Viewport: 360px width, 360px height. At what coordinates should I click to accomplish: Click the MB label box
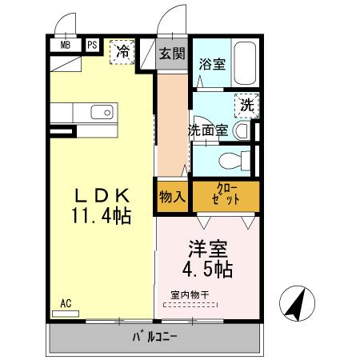[x=66, y=46]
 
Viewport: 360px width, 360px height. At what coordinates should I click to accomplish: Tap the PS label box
[x=92, y=46]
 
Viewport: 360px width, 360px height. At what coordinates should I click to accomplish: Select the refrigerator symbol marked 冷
[x=123, y=50]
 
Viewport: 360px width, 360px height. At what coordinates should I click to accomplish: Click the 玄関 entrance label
[x=171, y=54]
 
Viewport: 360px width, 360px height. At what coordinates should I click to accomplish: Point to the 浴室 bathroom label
[x=211, y=62]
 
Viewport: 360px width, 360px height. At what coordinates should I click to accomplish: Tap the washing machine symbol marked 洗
[x=246, y=105]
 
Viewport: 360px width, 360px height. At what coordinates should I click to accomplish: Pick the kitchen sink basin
[x=102, y=111]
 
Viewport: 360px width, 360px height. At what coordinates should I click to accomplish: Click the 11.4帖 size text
[x=100, y=217]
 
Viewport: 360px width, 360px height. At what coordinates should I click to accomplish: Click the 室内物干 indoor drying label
[x=190, y=295]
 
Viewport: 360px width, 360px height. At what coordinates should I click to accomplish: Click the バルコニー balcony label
[x=156, y=337]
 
